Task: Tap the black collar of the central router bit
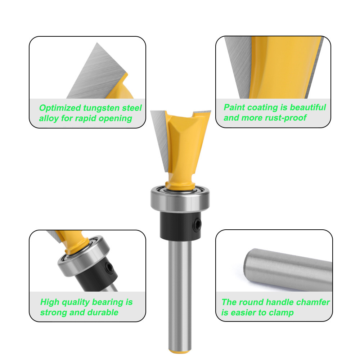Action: click(x=180, y=226)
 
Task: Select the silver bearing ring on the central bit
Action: click(x=180, y=199)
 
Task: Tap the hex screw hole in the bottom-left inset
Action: click(x=109, y=268)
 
